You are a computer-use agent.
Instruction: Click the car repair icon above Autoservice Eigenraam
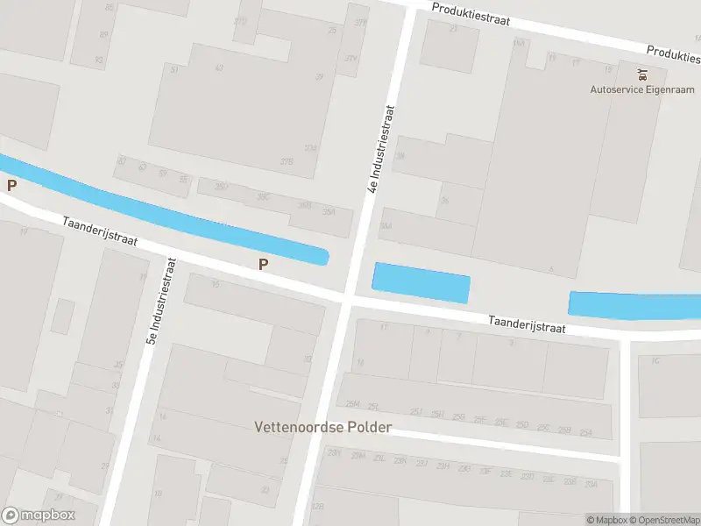tap(643, 74)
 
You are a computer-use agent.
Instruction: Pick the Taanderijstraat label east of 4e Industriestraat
tap(528, 323)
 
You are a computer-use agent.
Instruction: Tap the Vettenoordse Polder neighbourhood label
tap(322, 428)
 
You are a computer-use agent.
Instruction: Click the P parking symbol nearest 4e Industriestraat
tap(262, 264)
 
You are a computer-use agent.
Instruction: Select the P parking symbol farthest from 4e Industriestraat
tap(11, 186)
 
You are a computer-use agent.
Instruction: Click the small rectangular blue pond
tap(421, 282)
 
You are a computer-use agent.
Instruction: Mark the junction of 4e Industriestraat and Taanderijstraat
tap(347, 301)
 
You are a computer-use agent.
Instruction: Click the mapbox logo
tap(39, 515)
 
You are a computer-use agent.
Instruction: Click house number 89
tap(103, 35)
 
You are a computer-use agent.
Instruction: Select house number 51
tap(175, 68)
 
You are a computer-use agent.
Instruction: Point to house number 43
tap(219, 68)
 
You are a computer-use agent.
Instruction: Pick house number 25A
tap(586, 432)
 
